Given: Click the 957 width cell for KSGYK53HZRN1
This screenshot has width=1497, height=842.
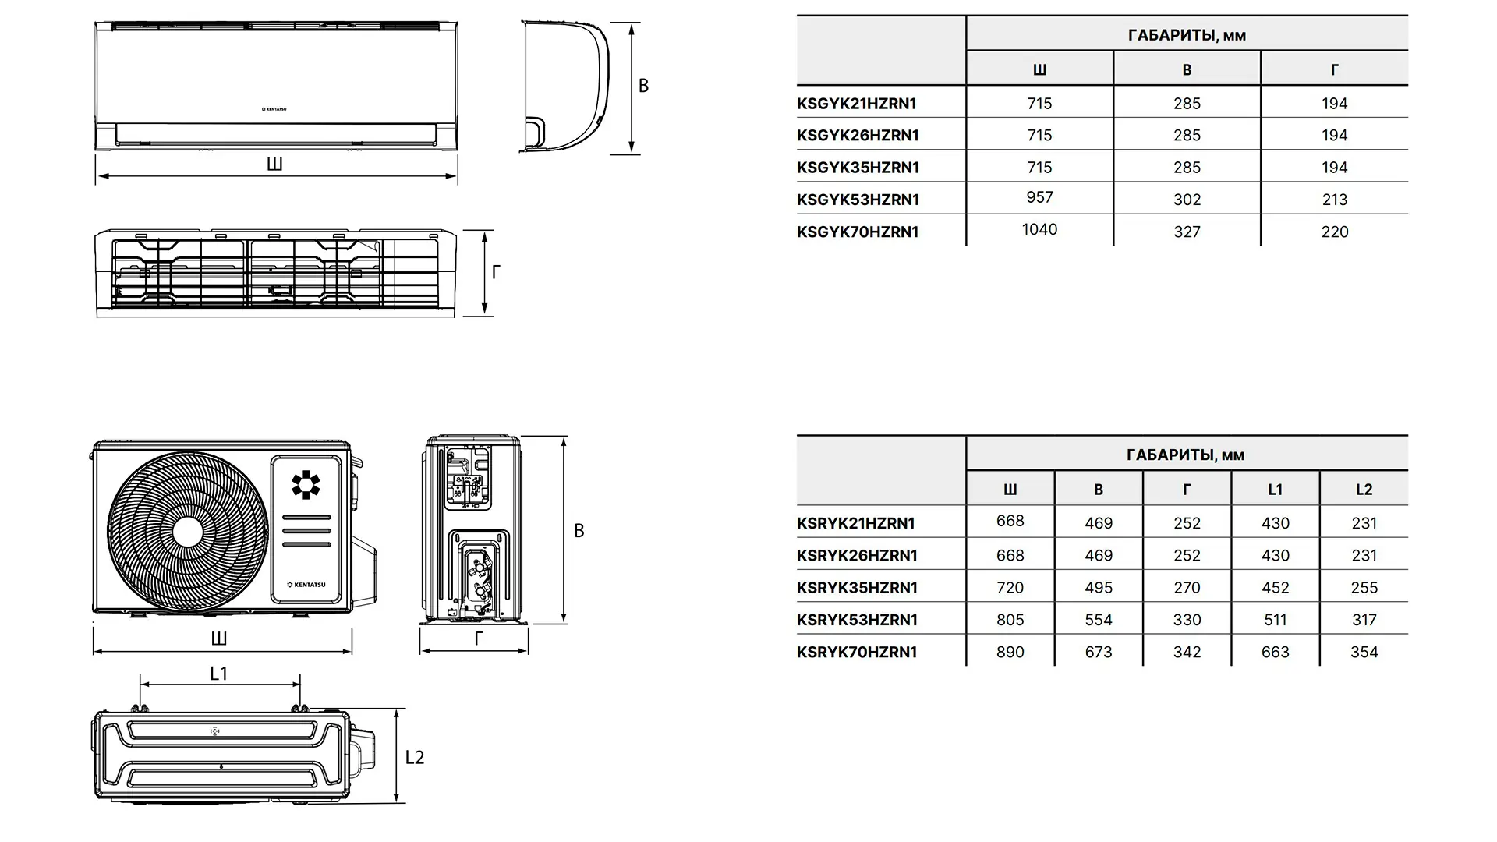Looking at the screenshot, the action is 1039,197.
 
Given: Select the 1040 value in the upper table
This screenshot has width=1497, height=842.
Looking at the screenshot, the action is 1039,229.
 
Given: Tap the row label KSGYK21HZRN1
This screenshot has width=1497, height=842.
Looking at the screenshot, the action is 857,103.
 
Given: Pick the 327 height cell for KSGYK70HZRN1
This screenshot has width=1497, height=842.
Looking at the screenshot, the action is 1187,232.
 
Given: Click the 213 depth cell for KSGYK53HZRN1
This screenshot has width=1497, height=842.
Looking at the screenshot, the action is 1334,200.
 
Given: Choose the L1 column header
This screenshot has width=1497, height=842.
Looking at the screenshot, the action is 1275,490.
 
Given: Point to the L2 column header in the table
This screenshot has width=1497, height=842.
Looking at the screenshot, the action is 1364,490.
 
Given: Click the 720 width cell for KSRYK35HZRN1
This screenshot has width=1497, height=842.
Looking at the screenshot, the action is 1010,588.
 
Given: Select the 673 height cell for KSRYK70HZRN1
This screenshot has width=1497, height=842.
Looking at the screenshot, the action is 1099,652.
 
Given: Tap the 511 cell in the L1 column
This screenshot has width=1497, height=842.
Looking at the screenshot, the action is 1275,620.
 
